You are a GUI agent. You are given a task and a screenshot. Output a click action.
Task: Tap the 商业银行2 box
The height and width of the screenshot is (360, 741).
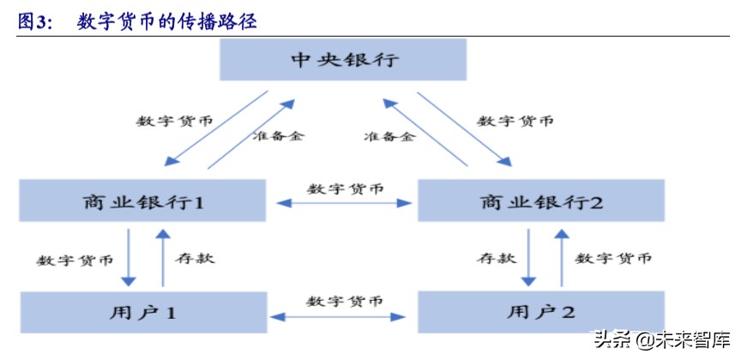[x=541, y=203]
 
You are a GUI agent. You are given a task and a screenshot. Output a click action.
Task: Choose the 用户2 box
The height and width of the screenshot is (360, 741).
[x=540, y=313]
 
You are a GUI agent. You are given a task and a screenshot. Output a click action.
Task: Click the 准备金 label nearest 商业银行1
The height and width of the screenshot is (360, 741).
[x=277, y=135]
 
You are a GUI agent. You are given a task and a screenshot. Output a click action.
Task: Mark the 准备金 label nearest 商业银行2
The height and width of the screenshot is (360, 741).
[x=389, y=135]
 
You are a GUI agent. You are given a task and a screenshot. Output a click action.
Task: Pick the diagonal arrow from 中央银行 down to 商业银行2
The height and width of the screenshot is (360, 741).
[x=468, y=129]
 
